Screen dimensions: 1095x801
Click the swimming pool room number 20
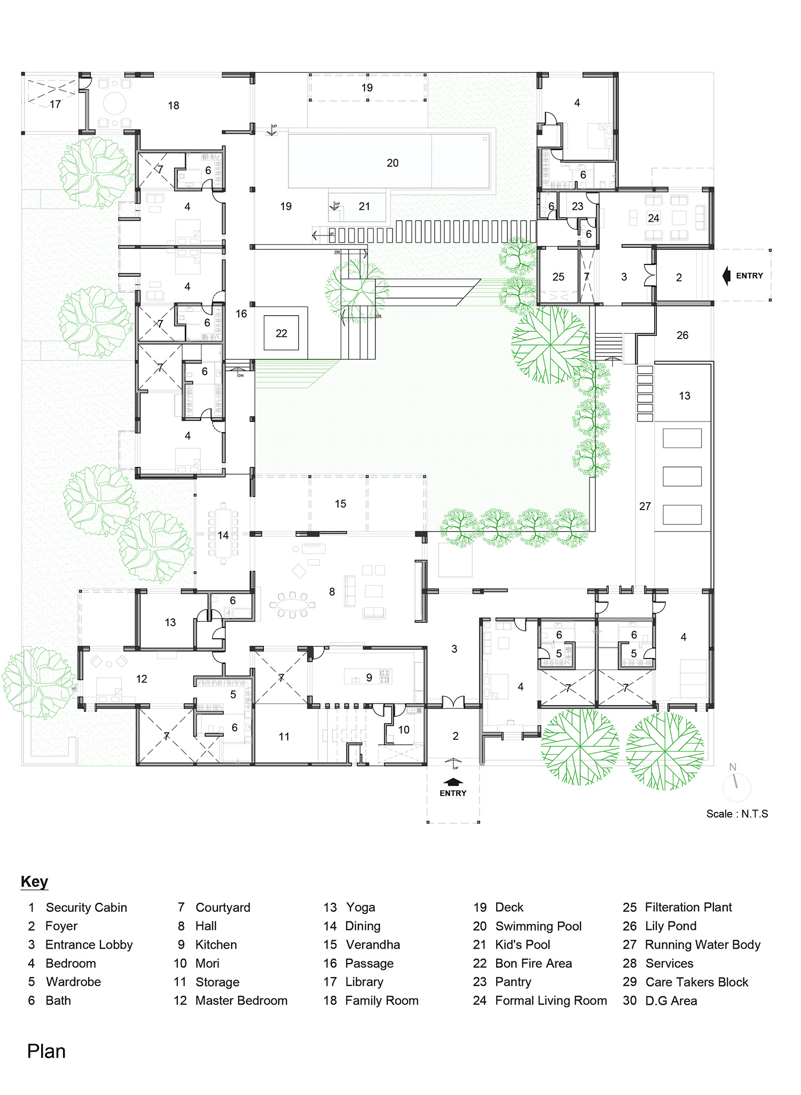click(392, 163)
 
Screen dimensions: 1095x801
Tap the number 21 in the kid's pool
click(364, 206)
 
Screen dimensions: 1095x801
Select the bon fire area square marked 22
click(281, 333)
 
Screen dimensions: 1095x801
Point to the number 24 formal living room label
click(654, 218)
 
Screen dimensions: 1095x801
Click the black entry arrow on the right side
click(726, 276)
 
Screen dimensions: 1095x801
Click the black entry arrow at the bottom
click(453, 783)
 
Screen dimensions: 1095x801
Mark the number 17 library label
click(55, 104)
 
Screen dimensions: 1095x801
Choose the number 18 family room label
click(174, 106)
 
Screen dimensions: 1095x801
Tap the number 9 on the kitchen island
click(369, 678)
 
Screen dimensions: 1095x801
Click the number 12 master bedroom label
click(142, 679)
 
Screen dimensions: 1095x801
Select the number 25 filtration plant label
click(558, 277)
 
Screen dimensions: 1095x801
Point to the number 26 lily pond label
click(682, 335)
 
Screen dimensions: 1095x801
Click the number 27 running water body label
click(645, 506)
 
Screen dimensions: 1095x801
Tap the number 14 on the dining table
click(223, 535)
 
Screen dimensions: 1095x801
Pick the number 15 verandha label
click(341, 504)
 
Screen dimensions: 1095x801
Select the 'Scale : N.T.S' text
click(737, 814)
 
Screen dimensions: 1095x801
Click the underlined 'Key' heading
click(35, 881)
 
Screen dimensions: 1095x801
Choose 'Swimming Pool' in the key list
click(538, 926)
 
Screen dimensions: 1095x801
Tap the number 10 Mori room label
click(404, 730)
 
